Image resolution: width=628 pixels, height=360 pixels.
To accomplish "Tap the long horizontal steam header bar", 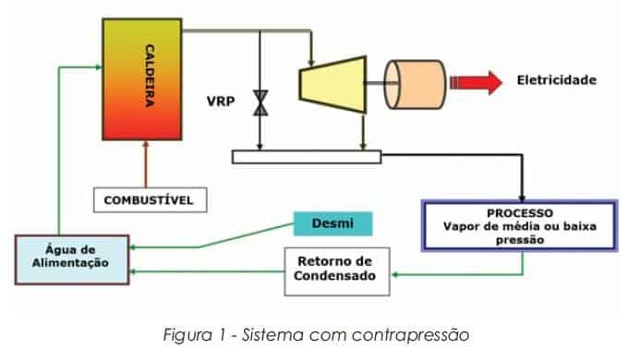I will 306,157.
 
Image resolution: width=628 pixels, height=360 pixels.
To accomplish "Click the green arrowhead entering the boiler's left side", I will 95,66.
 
